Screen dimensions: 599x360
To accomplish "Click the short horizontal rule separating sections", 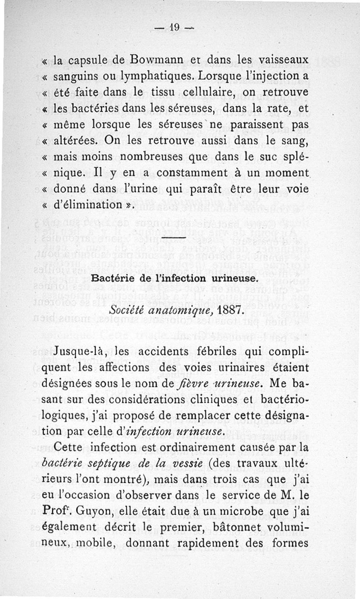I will (x=173, y=238).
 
